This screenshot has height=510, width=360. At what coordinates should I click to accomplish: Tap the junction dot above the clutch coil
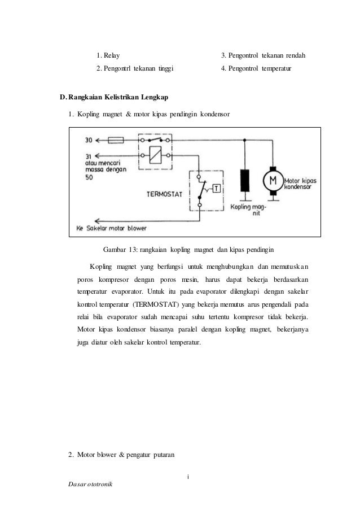pyautogui.click(x=244, y=139)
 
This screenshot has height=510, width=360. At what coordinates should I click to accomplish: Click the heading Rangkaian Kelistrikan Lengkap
pyautogui.click(x=118, y=98)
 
